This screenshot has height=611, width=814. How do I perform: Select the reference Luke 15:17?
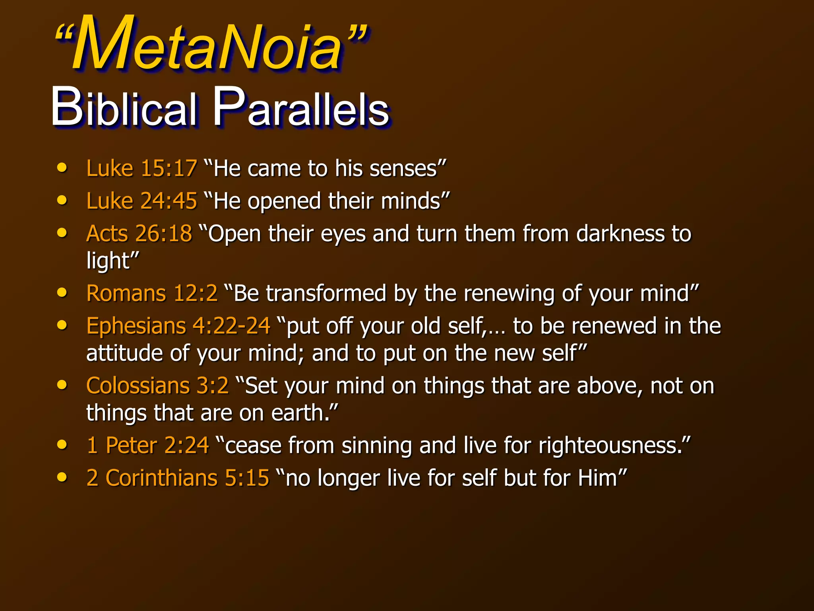coord(141,168)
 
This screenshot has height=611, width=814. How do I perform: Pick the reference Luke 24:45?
coord(141,201)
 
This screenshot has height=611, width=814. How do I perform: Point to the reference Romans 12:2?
coord(152,294)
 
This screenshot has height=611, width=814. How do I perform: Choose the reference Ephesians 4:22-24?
coord(178,326)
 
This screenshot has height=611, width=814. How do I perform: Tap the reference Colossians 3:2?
coord(157,386)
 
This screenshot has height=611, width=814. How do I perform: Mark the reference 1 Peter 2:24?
coord(147,445)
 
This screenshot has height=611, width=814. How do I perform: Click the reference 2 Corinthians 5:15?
coord(178,478)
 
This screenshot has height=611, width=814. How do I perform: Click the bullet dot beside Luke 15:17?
coord(62,167)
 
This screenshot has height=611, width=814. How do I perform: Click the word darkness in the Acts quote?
coord(620,234)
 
